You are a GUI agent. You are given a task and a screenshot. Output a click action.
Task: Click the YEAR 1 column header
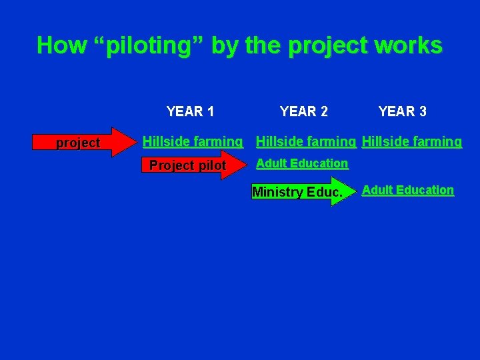click(190, 111)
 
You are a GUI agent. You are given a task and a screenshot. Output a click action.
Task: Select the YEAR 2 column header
click(303, 111)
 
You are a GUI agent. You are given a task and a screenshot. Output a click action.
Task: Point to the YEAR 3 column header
click(402, 111)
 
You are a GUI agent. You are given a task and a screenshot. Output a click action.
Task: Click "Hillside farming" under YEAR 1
click(193, 141)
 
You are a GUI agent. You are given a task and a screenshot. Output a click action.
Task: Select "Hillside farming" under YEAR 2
click(306, 141)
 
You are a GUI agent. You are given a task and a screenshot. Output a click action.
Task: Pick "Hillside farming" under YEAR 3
click(411, 141)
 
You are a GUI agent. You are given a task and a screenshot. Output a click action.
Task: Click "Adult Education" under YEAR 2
click(302, 163)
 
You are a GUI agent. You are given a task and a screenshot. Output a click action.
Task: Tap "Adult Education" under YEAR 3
click(407, 190)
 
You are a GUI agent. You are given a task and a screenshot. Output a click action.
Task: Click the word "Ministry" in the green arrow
click(277, 193)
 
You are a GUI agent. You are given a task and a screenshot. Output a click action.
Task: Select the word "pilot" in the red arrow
click(209, 165)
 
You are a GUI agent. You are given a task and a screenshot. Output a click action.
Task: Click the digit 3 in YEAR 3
click(422, 111)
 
